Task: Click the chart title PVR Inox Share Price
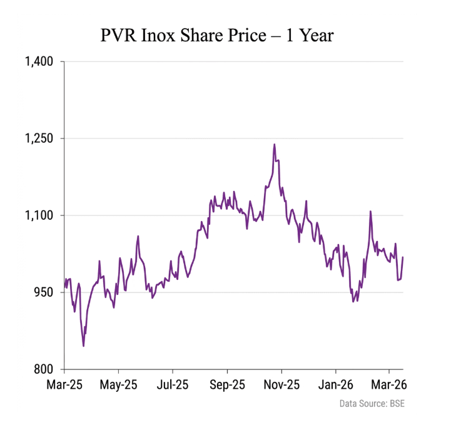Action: (x=217, y=36)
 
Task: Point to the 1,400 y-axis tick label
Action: (x=39, y=61)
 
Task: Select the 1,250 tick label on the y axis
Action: (x=39, y=138)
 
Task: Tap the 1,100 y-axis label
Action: (x=39, y=215)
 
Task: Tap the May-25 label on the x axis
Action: (x=119, y=384)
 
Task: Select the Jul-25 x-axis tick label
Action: (x=173, y=384)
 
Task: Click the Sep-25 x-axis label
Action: (x=227, y=384)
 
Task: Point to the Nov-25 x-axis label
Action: (x=281, y=384)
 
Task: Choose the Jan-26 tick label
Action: (x=335, y=384)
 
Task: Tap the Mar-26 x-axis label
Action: (x=389, y=384)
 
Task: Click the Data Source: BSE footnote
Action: (x=372, y=404)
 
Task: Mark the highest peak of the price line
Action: (x=274, y=145)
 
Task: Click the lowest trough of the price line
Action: (x=83, y=346)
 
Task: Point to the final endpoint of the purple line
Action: (x=403, y=257)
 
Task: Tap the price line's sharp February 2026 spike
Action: (x=370, y=212)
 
